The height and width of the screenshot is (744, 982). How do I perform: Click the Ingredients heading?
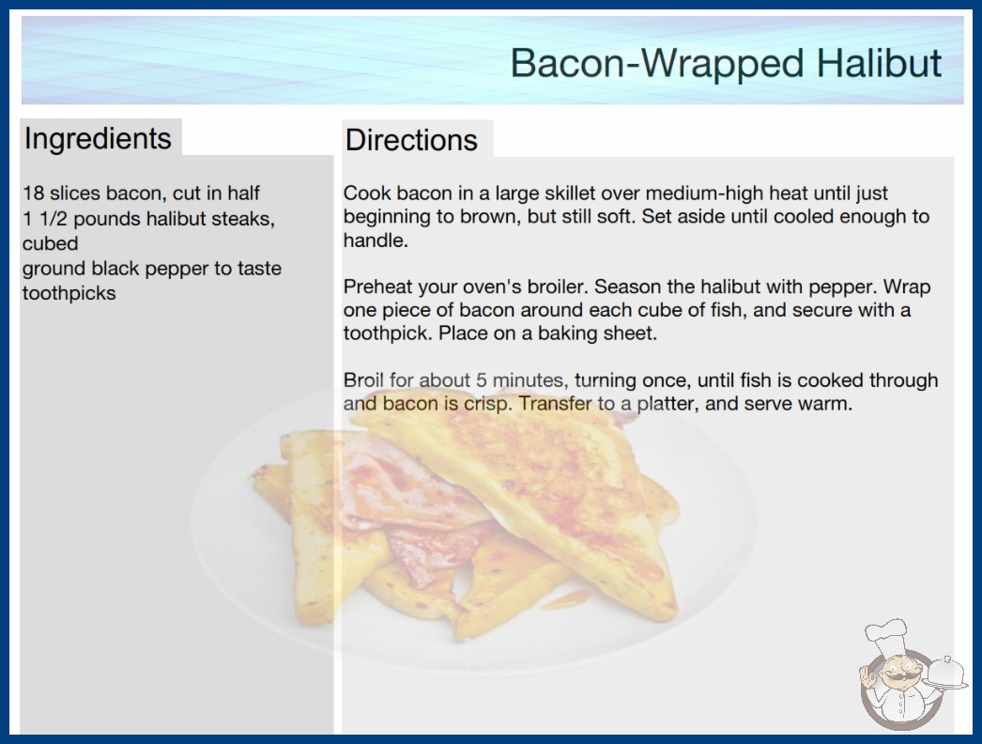click(x=98, y=138)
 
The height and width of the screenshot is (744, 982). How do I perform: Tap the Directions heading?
click(x=411, y=140)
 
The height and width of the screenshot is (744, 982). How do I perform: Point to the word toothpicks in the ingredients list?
click(x=69, y=293)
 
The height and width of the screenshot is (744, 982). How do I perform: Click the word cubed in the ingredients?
click(x=50, y=243)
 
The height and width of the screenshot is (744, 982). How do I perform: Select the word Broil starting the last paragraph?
click(x=363, y=380)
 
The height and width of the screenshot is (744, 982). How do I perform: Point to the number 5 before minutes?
click(x=481, y=380)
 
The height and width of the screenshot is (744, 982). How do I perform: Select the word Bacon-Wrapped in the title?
click(x=657, y=64)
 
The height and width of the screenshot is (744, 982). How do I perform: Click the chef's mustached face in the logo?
click(x=898, y=672)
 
